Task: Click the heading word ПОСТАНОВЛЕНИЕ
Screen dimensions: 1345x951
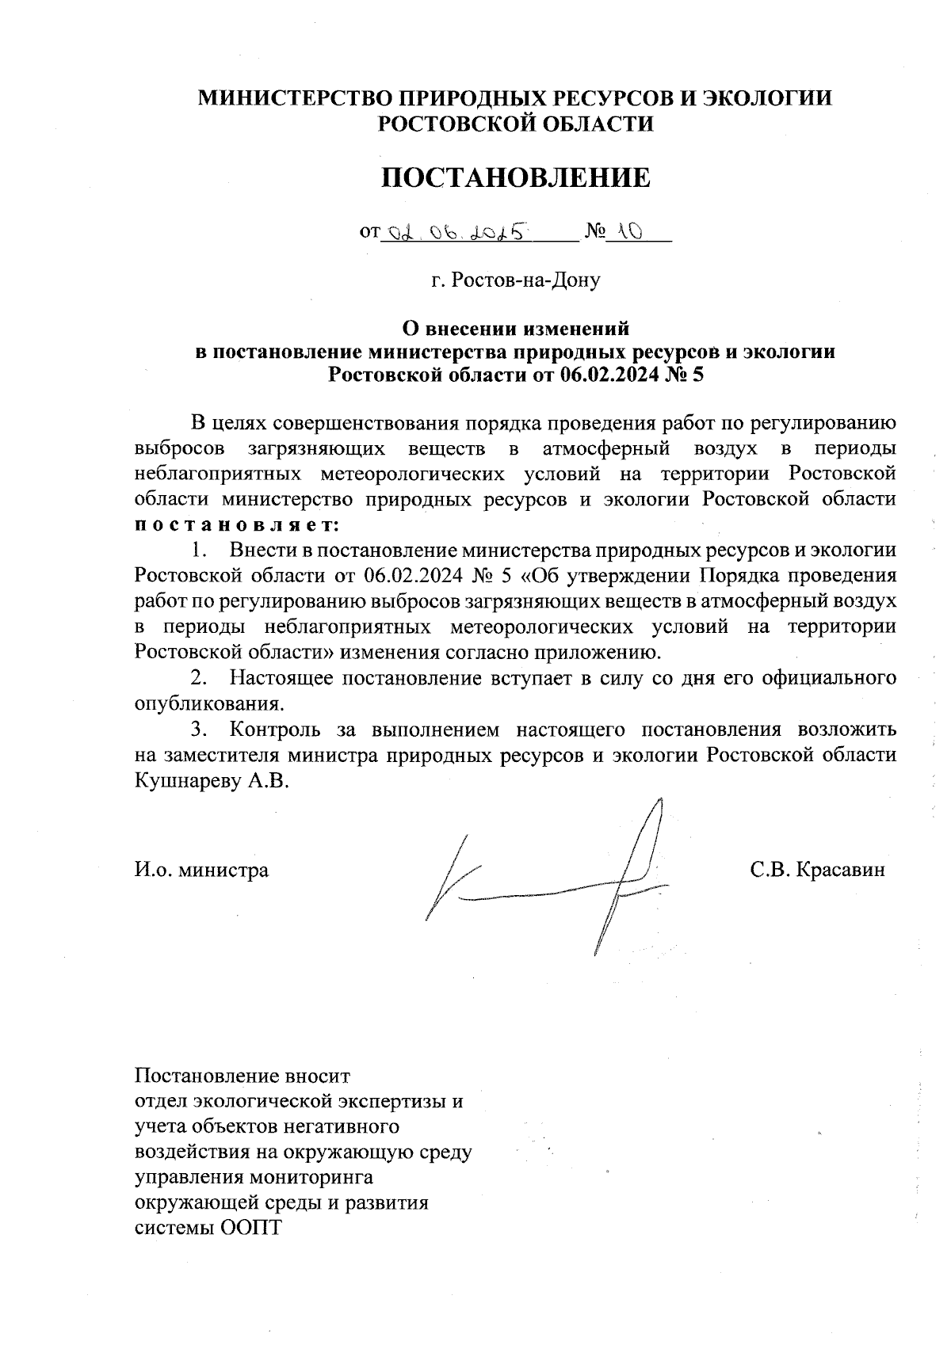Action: tap(516, 178)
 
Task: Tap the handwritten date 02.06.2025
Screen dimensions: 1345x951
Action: tap(456, 233)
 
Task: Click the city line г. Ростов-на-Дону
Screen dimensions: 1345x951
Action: tap(516, 280)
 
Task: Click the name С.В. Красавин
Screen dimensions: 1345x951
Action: tap(818, 870)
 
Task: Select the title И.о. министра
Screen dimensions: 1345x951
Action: tap(201, 870)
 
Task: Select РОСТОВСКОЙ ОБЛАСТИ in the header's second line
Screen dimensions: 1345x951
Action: tap(516, 124)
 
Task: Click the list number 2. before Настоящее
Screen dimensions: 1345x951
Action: tap(198, 678)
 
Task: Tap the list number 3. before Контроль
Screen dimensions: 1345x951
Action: tap(198, 729)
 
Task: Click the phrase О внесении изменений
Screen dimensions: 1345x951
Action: tap(516, 326)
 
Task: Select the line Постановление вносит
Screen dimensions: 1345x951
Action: tap(243, 1077)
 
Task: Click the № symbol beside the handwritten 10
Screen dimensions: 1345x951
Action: tap(594, 232)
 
